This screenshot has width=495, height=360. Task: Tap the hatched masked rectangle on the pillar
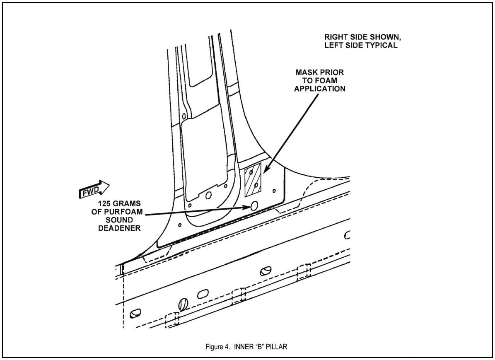point(253,181)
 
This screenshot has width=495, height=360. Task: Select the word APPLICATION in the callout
point(320,89)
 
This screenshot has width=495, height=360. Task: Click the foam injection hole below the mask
point(254,205)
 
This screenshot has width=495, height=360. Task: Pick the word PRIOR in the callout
point(332,72)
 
